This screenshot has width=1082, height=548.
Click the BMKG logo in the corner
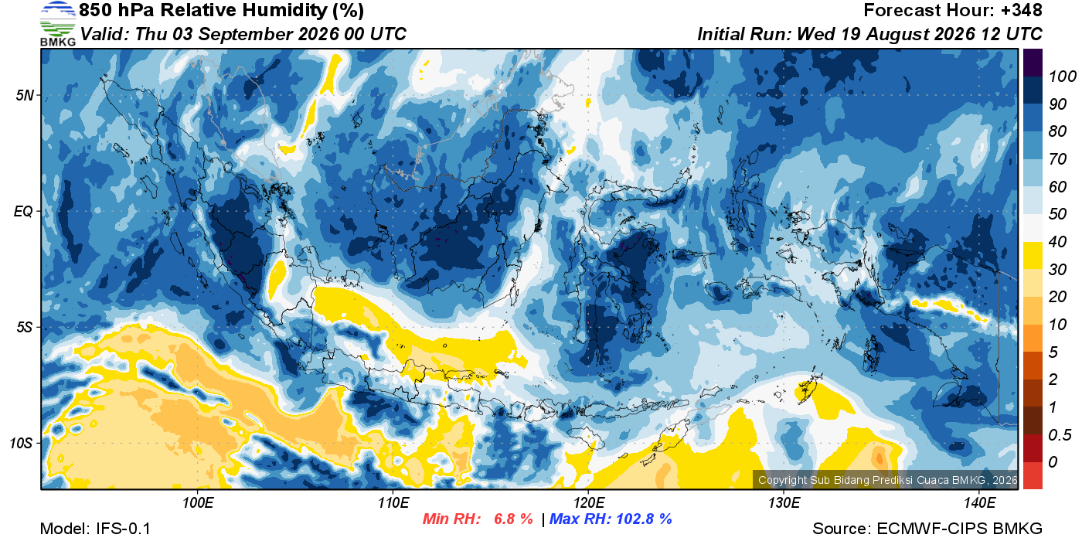click(x=57, y=24)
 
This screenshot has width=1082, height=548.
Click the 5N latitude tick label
click(x=25, y=95)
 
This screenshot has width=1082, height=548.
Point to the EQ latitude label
click(x=24, y=211)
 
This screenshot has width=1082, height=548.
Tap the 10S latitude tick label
click(x=22, y=443)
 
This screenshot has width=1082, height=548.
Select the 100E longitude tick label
click(x=198, y=502)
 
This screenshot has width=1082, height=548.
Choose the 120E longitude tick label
click(x=588, y=502)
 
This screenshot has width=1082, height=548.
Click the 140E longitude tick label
click(x=979, y=502)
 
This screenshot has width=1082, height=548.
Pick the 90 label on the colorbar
click(x=1057, y=104)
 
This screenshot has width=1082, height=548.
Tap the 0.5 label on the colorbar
click(x=1060, y=435)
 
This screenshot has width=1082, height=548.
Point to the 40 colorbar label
click(x=1057, y=242)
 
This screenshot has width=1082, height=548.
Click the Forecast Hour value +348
click(x=1021, y=10)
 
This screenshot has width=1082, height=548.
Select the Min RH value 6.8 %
click(x=513, y=519)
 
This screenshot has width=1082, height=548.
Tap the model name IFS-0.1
click(x=123, y=529)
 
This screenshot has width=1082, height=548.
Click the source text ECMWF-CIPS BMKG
click(x=959, y=529)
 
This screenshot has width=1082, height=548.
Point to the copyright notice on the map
click(x=887, y=480)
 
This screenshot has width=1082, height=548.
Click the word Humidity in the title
click(x=285, y=10)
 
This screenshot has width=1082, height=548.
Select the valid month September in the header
click(x=245, y=34)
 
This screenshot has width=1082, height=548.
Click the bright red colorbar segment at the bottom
click(x=1033, y=475)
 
